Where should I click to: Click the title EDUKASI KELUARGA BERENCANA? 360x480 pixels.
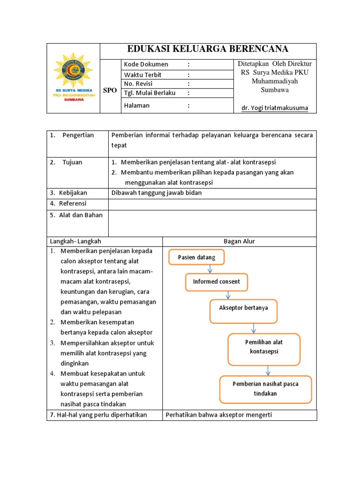pyautogui.click(x=208, y=49)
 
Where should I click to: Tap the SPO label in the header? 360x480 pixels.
pyautogui.click(x=110, y=90)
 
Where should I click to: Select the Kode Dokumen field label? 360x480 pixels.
pyautogui.click(x=146, y=64)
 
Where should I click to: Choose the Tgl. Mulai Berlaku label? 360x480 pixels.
pyautogui.click(x=150, y=93)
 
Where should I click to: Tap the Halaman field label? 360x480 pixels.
pyautogui.click(x=137, y=105)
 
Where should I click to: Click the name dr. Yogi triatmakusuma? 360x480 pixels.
pyautogui.click(x=275, y=108)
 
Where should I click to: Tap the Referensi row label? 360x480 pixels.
pyautogui.click(x=73, y=203)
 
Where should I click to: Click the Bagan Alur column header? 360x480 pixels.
pyautogui.click(x=239, y=241)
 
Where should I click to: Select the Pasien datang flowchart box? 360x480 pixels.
pyautogui.click(x=196, y=257)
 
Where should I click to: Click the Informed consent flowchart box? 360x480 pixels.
pyautogui.click(x=216, y=282)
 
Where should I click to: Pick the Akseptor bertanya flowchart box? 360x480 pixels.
pyautogui.click(x=244, y=312)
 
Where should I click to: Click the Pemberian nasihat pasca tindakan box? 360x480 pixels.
pyautogui.click(x=266, y=389)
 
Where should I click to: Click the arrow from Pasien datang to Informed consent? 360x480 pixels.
pyautogui.click(x=210, y=269)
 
